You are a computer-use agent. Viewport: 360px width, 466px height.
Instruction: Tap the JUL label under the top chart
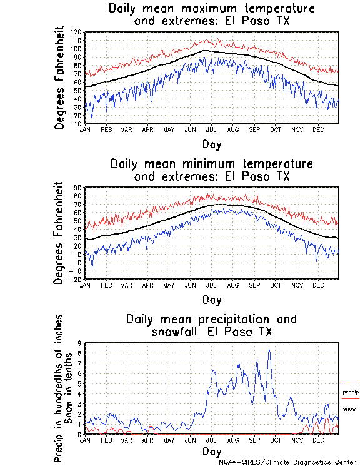click(x=211, y=129)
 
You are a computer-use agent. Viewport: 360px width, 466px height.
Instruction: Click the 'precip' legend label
click(x=350, y=392)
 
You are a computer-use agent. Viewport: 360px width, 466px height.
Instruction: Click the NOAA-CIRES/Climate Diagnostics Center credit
click(x=287, y=462)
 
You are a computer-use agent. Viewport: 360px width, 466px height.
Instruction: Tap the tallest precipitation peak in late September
click(x=269, y=350)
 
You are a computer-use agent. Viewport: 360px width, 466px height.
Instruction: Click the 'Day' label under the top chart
click(x=211, y=144)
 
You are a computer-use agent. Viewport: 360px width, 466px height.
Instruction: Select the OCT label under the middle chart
click(x=276, y=285)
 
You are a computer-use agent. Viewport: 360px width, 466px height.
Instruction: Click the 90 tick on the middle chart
click(x=78, y=188)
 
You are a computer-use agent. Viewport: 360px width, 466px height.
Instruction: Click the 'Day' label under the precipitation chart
click(x=211, y=452)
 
